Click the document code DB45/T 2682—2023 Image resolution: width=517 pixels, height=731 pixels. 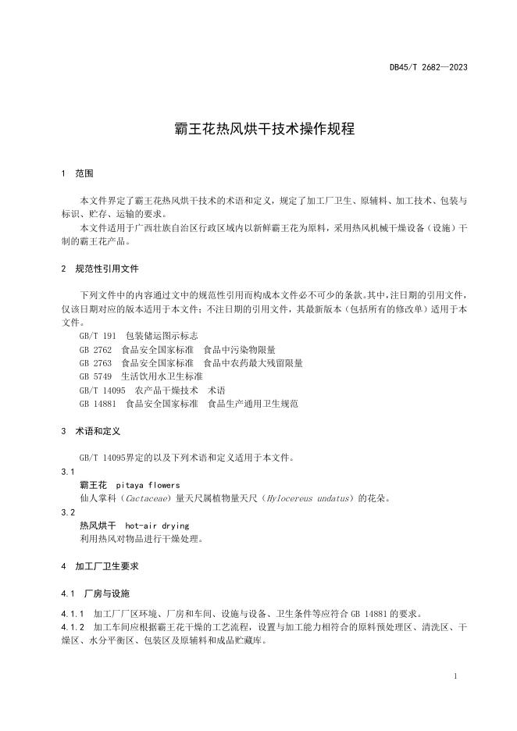pyautogui.click(x=428, y=67)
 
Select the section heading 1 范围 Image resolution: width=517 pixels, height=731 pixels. pyautogui.click(x=77, y=173)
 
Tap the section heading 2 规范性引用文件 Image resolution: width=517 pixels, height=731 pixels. pyautogui.click(x=99, y=268)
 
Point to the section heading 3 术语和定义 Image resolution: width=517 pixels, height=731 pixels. pyautogui.click(x=90, y=430)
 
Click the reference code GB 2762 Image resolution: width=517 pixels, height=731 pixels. pyautogui.click(x=95, y=349)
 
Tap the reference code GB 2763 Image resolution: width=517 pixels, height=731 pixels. pyautogui.click(x=95, y=363)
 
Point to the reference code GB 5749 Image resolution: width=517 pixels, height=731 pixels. pyautogui.click(x=95, y=376)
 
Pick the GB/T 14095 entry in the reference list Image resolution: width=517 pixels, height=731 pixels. pyautogui.click(x=102, y=390)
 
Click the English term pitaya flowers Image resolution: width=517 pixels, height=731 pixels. pyautogui.click(x=148, y=485)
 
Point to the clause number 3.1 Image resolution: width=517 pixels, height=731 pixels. pyautogui.click(x=67, y=471)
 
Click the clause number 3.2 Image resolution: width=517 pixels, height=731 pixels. pyautogui.click(x=67, y=512)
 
